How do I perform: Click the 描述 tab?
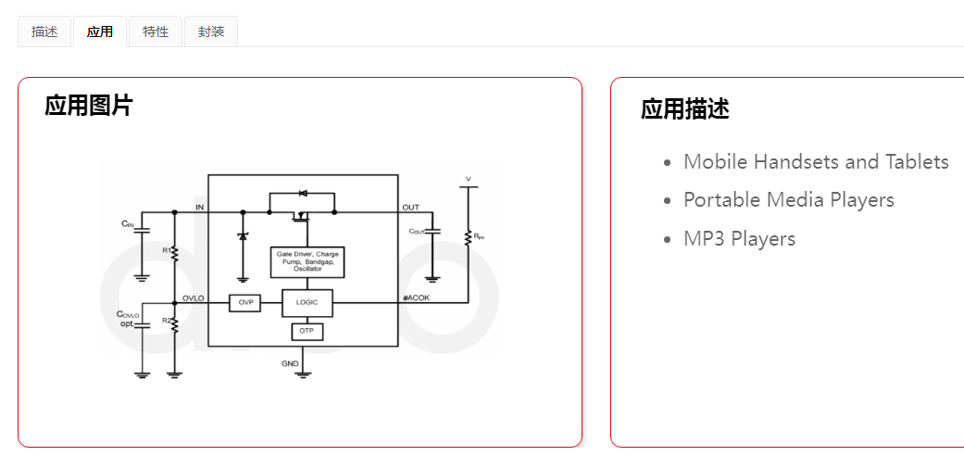tap(44, 32)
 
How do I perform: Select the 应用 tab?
tap(100, 32)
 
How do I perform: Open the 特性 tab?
tap(156, 32)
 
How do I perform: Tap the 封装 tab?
tap(211, 32)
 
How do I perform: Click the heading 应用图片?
tap(89, 106)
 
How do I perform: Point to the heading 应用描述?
tap(685, 109)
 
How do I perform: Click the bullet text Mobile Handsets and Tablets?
tap(816, 162)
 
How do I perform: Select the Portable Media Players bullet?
tap(788, 200)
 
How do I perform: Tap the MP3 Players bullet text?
tap(739, 239)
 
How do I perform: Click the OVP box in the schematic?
tap(244, 303)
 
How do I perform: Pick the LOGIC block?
tap(307, 303)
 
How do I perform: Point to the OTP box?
tap(307, 331)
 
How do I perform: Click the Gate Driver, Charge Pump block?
tap(307, 261)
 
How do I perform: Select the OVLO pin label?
tap(194, 298)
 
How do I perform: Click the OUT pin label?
tap(410, 207)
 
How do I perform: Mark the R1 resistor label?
tap(166, 250)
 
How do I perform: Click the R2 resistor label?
tap(166, 321)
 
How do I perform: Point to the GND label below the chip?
tap(290, 364)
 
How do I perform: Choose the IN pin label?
tap(199, 207)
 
